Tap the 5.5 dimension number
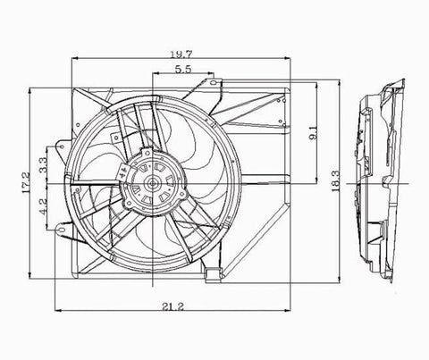tap(181, 70)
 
